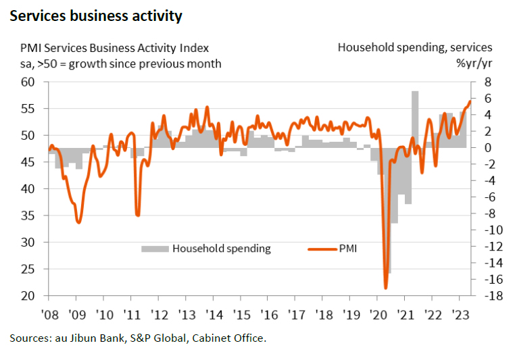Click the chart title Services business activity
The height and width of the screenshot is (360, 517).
pos(95,16)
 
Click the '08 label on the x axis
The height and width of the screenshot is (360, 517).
pos(49,314)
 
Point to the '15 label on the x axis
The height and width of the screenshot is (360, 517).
pos(241,314)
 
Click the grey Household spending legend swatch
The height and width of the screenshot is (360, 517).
pos(155,249)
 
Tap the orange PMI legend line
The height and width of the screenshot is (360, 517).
pos(324,249)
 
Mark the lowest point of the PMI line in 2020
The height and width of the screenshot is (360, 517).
pos(386,288)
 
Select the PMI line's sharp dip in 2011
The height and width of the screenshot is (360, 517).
pos(138,215)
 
